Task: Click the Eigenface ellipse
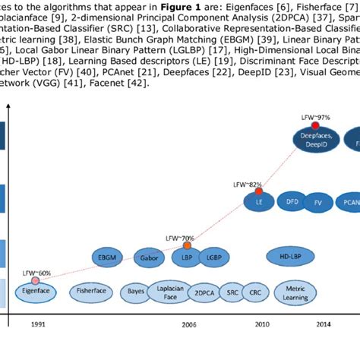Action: [36, 289]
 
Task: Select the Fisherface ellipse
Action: [93, 290]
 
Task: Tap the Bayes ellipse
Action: [137, 291]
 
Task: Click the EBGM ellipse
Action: [108, 257]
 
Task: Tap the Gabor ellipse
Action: [149, 257]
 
